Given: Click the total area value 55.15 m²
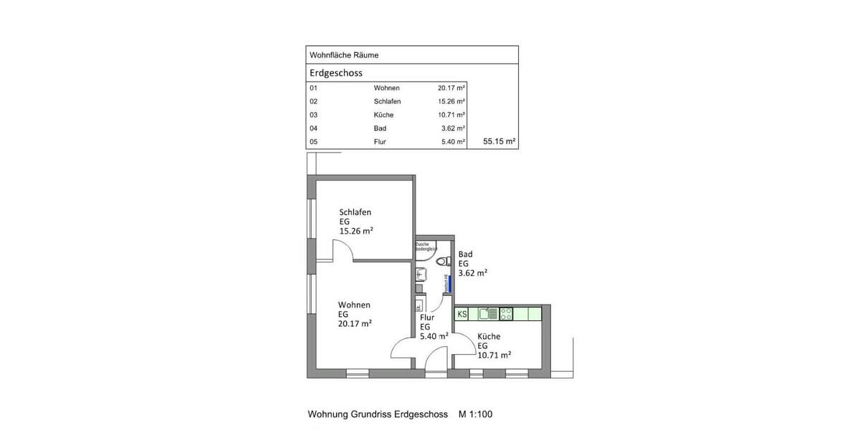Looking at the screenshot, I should coord(500,142).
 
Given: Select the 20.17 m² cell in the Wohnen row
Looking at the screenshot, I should coord(451,88).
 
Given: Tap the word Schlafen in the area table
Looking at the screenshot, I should coord(387,102).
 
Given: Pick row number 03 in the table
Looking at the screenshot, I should coord(313,115).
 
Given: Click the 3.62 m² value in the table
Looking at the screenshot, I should coord(453,128).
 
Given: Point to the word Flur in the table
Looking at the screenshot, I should coord(380,142).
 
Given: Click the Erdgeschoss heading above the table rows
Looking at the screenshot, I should coord(335,73).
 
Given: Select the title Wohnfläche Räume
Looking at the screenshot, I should coord(343,55).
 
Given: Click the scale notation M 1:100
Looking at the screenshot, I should coord(475,414).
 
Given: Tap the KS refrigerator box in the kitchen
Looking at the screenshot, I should coord(462,314).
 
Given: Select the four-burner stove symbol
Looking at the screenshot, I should coord(506,313).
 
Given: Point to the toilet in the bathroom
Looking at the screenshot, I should coord(444,260).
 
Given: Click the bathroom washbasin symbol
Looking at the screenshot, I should coord(421,273).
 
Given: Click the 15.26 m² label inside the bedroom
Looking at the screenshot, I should coord(356,231).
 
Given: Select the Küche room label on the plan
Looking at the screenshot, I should coord(489,336).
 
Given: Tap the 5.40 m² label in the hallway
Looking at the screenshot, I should coord(434,335).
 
